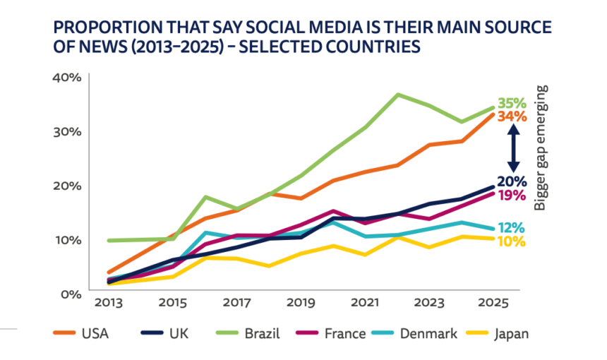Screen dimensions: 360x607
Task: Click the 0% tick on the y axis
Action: pyautogui.click(x=71, y=293)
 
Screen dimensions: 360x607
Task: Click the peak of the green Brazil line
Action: pyautogui.click(x=399, y=94)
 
